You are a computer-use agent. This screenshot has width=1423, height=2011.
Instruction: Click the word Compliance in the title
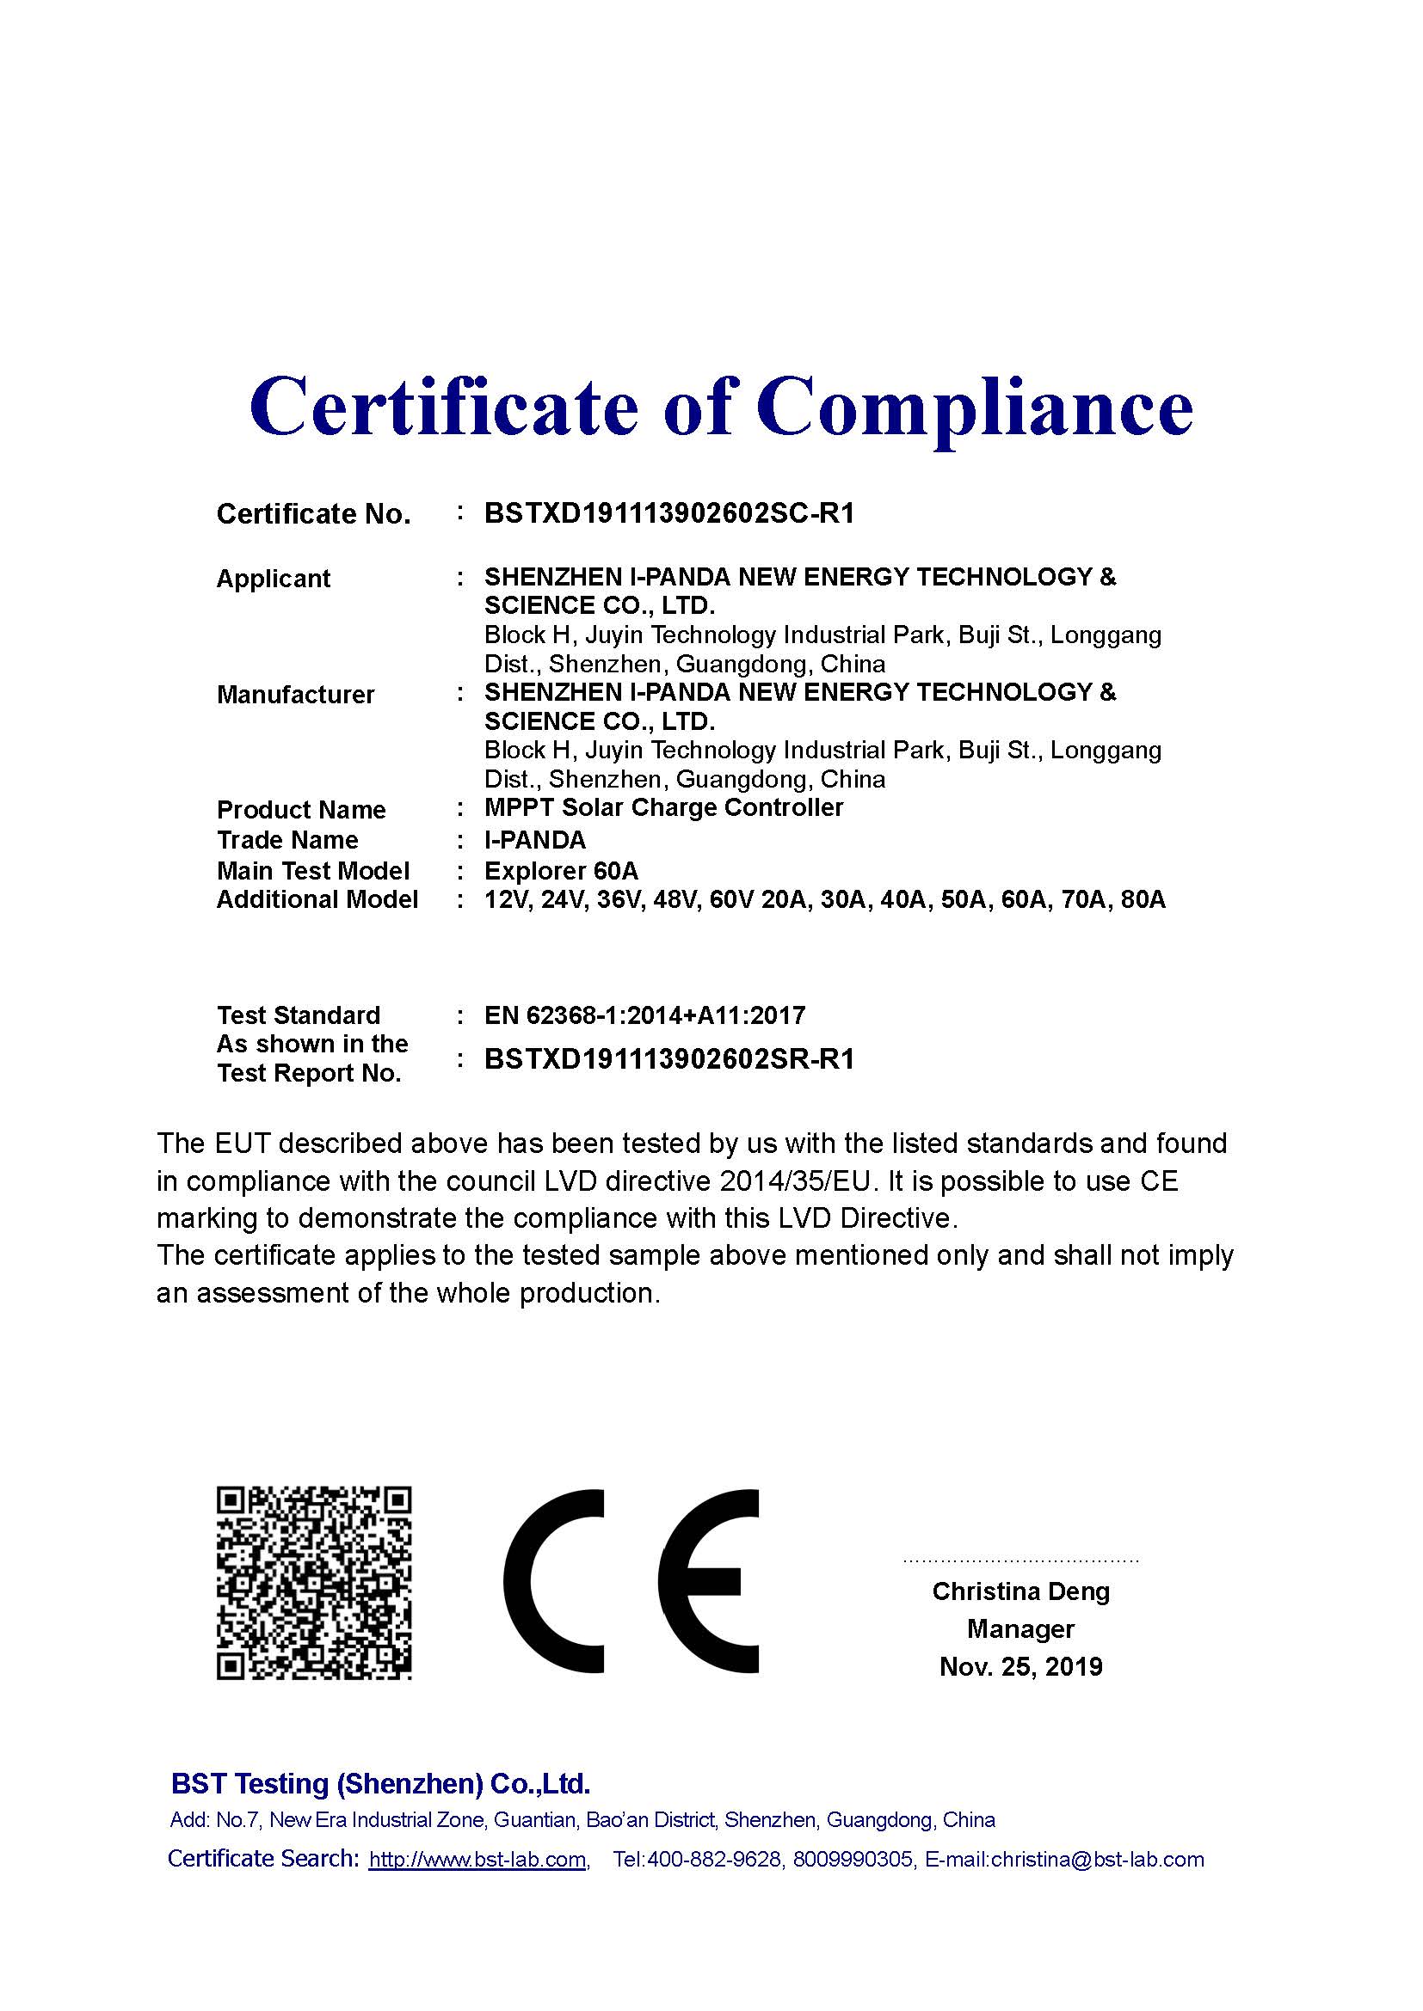(974, 408)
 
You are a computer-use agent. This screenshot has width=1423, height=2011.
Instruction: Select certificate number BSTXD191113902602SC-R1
(668, 513)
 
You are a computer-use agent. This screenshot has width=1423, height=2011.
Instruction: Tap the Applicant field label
(273, 579)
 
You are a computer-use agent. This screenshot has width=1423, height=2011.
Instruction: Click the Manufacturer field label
(295, 695)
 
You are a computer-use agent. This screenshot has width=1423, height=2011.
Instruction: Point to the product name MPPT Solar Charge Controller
(663, 807)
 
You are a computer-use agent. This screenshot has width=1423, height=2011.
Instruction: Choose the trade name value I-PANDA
(534, 840)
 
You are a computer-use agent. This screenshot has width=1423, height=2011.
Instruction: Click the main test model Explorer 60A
(561, 871)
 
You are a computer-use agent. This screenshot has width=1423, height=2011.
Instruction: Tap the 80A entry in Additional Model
(1143, 900)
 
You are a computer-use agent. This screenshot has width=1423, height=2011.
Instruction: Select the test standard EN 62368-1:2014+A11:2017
(644, 1015)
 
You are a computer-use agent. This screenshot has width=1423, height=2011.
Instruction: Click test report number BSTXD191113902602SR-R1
(668, 1059)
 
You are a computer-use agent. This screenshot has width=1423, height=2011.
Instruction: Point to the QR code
(314, 1583)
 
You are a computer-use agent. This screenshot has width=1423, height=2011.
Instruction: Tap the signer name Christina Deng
(1021, 1591)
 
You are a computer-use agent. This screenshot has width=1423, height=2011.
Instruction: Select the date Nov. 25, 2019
(1021, 1666)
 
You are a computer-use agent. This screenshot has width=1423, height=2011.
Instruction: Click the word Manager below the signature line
(1021, 1629)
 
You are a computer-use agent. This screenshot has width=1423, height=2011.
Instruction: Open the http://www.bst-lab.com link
(477, 1860)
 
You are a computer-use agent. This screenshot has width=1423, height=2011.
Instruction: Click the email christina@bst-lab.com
(1097, 1860)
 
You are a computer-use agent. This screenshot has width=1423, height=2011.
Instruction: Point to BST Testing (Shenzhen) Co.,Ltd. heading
(380, 1784)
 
